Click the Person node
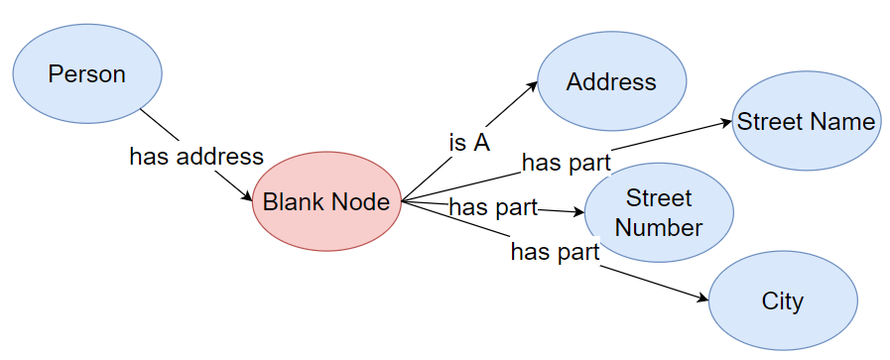(x=87, y=74)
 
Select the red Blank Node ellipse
(x=326, y=202)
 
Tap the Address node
(x=611, y=82)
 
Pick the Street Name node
(x=806, y=122)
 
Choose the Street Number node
(x=658, y=212)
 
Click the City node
(x=782, y=301)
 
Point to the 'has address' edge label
(x=196, y=156)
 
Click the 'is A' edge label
(x=469, y=143)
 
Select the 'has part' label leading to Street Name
(x=566, y=162)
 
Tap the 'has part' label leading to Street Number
(x=493, y=207)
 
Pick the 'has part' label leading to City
(x=555, y=252)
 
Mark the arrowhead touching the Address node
(x=533, y=86)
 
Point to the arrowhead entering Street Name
(x=726, y=124)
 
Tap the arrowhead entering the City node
(x=703, y=297)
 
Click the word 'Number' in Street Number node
(x=659, y=227)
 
